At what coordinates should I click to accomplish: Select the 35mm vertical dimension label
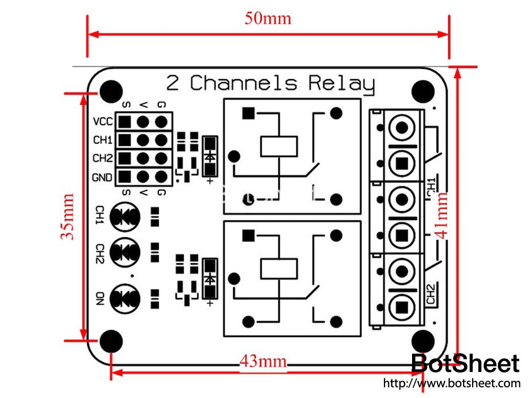click(x=68, y=217)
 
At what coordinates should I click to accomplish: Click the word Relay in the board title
click(x=341, y=83)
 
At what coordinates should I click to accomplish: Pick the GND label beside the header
click(x=102, y=177)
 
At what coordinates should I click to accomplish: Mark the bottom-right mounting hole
click(x=423, y=340)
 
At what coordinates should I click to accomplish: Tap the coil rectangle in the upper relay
click(x=279, y=146)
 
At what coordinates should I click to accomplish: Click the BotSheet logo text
click(x=465, y=364)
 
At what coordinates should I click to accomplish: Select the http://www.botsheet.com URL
click(x=451, y=383)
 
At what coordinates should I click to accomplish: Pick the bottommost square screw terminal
click(x=402, y=307)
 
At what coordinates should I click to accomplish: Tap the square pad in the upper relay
click(x=247, y=113)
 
